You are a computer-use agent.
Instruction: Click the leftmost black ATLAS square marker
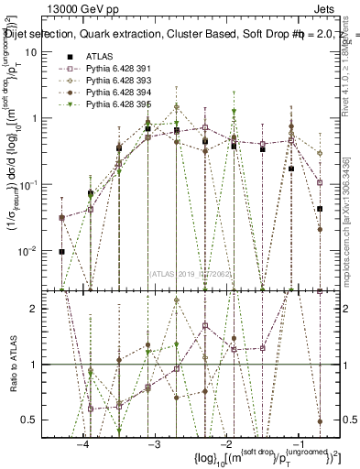[61, 251]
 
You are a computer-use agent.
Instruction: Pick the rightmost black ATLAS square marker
[320, 209]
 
